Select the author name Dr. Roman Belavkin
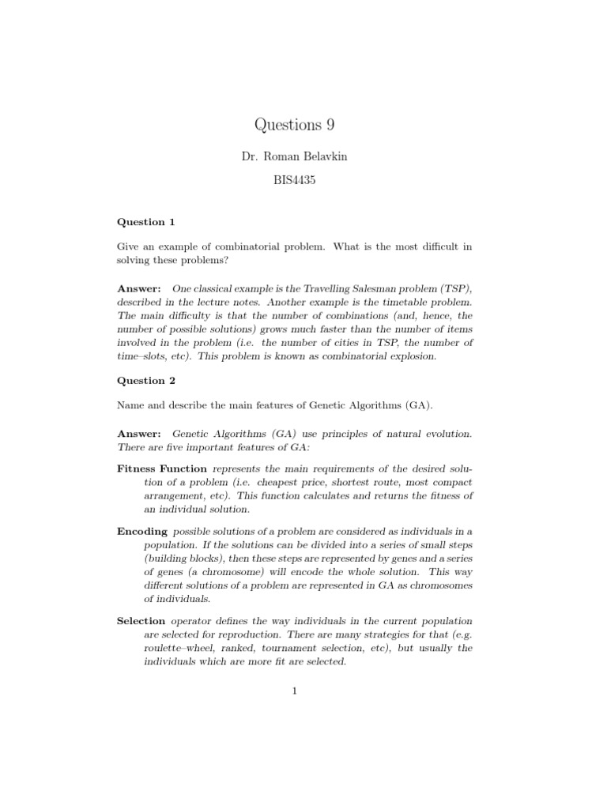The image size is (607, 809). pyautogui.click(x=294, y=156)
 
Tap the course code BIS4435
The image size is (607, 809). pyautogui.click(x=294, y=181)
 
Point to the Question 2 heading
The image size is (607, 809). pyautogui.click(x=146, y=380)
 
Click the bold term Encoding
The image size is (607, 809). pyautogui.click(x=142, y=532)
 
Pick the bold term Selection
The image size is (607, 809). pyautogui.click(x=141, y=621)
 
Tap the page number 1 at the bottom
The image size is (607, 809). pyautogui.click(x=294, y=692)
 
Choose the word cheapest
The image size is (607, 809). pyautogui.click(x=262, y=482)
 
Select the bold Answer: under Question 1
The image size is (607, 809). pyautogui.click(x=139, y=289)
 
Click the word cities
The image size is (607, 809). pyautogui.click(x=349, y=343)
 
